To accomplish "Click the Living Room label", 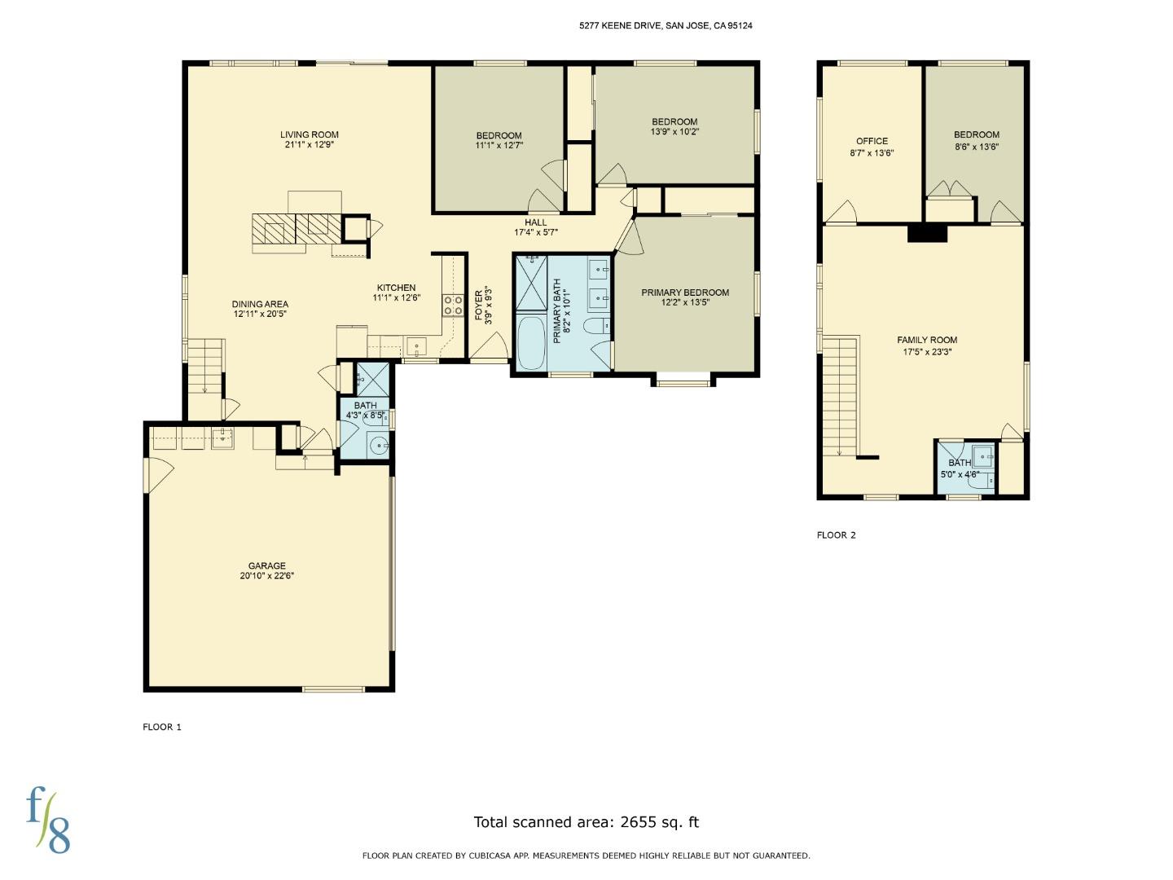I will coord(309,135).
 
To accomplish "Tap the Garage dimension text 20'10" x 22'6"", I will coord(267,575).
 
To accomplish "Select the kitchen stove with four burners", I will coord(452,306).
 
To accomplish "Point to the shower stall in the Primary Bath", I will coord(531,283).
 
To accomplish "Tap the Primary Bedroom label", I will coord(684,293).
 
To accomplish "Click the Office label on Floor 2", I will coord(872,141).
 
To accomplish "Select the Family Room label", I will coord(927,340).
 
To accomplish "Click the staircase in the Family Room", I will coord(840,395).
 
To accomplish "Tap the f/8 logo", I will coord(47,820).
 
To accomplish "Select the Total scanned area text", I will coord(586,822).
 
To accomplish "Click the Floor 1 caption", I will coord(162,727).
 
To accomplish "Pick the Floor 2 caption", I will coord(836,535).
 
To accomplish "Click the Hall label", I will coord(535,222).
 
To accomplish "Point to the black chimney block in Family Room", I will coord(928,233).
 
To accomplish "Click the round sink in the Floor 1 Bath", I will coord(378,445).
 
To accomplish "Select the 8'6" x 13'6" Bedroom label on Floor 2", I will coord(976,147).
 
